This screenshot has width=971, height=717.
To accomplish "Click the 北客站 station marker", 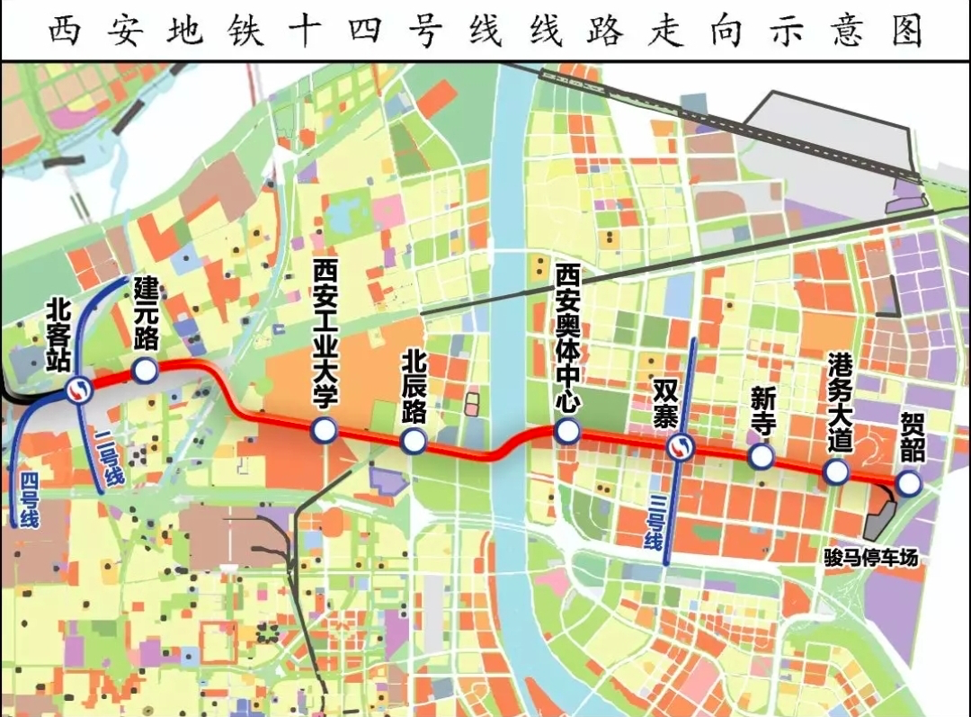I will point(79,390).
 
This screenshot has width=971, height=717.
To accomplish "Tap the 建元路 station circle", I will point(144,370).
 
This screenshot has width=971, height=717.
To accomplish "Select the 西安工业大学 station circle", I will point(324,431).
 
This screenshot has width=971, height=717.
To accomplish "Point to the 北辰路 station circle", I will point(414,440).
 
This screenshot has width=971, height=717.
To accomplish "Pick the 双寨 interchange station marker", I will point(681,446).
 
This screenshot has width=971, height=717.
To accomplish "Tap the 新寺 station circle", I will point(761,457).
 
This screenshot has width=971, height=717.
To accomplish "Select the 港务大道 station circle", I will point(836,471).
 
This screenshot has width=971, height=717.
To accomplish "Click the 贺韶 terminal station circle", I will point(909,484).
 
